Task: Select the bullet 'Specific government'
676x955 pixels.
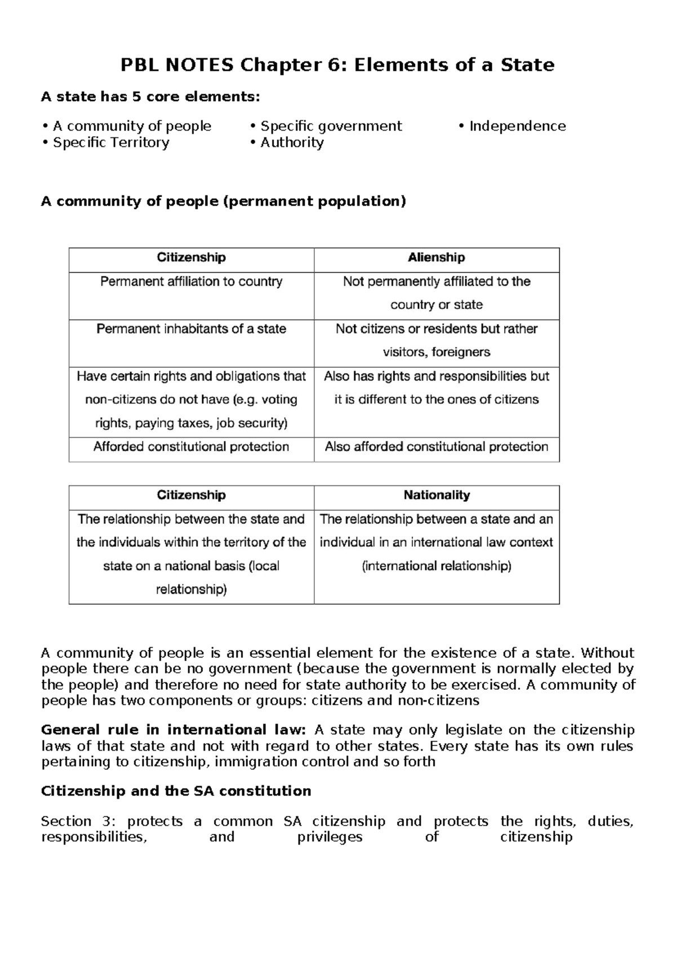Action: [x=331, y=126]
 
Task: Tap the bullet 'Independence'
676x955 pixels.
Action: [x=517, y=126]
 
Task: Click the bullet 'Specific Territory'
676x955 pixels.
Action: [x=111, y=142]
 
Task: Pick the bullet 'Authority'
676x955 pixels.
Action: [x=292, y=142]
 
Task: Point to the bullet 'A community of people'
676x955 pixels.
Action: [x=132, y=126]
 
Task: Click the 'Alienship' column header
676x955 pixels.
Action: [x=436, y=258]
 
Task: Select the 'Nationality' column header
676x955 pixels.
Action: [x=436, y=496]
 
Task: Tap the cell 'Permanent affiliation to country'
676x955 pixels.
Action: [x=191, y=282]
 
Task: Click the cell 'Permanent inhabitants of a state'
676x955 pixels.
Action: [x=191, y=329]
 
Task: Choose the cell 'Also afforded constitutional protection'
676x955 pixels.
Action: [x=436, y=447]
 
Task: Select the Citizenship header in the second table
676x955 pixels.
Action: [x=191, y=496]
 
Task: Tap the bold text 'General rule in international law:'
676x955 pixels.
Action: [x=174, y=730]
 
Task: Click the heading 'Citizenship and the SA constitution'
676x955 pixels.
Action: [x=176, y=791]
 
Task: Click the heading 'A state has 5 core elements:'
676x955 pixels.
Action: [x=151, y=97]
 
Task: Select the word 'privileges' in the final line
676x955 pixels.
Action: [x=330, y=837]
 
